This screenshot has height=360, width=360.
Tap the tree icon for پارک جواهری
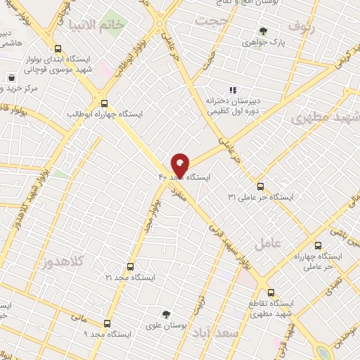click(263, 31)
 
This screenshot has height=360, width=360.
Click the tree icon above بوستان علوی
click(166, 314)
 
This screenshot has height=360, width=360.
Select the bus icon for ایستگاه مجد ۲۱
click(129, 267)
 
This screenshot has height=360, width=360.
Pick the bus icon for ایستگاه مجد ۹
click(107, 323)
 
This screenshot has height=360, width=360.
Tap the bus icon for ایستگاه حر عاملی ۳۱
click(261, 186)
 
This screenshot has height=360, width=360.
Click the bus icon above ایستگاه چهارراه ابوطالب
click(104, 102)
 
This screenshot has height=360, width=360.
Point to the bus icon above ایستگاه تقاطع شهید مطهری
click(270, 292)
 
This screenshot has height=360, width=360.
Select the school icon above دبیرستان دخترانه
click(233, 89)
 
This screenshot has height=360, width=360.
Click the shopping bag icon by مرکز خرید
click(11, 77)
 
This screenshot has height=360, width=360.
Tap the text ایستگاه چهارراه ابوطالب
click(105, 113)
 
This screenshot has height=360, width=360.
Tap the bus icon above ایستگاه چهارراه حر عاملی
click(319, 246)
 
